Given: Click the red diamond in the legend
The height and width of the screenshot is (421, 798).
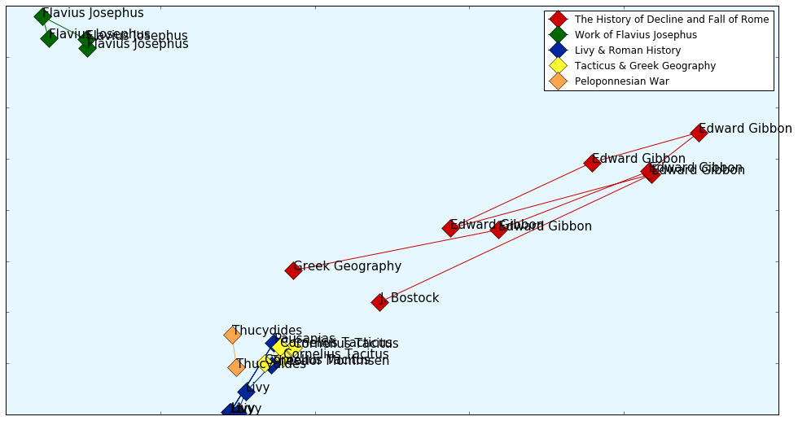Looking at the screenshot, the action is click(x=558, y=19).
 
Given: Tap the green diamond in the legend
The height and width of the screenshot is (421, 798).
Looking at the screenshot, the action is click(x=558, y=34).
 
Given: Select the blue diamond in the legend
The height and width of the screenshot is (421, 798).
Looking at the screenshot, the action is click(x=558, y=50).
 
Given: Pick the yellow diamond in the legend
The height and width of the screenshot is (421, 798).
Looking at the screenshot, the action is click(x=558, y=65).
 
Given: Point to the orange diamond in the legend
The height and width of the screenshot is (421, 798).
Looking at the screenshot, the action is click(x=558, y=81).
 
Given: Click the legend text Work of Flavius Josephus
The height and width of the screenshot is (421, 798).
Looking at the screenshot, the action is click(x=636, y=35).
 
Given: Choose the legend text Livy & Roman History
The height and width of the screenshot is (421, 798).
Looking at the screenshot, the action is click(x=627, y=50).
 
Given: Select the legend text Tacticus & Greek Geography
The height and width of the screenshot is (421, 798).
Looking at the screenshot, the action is click(x=645, y=66).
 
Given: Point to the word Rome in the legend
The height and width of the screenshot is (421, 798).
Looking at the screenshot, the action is click(x=754, y=20).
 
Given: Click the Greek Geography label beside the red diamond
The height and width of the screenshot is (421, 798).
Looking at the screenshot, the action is click(x=348, y=266).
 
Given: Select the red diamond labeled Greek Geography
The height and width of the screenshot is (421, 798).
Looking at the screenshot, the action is click(x=293, y=270).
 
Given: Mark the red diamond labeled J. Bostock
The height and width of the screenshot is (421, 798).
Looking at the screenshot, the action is click(x=379, y=302).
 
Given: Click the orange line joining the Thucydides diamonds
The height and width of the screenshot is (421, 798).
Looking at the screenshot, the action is click(x=235, y=351).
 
